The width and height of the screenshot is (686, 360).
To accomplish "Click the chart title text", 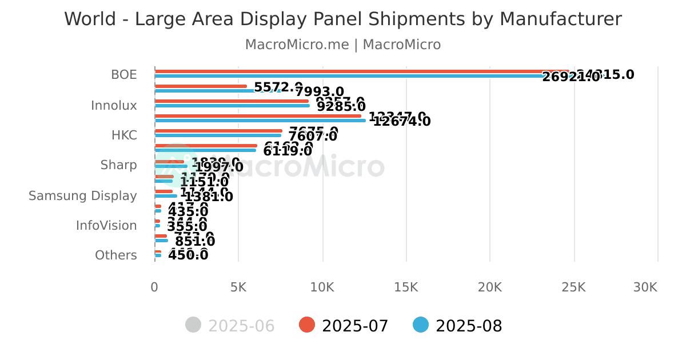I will [x=342, y=19].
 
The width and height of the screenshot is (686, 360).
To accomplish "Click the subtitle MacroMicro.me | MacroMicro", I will [x=342, y=45].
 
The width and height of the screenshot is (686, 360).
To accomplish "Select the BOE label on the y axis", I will [x=124, y=75].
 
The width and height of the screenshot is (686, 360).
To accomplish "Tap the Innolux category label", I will [x=114, y=106].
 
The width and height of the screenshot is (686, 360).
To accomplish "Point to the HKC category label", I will [x=124, y=135].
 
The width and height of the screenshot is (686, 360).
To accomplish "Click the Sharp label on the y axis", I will [x=118, y=165].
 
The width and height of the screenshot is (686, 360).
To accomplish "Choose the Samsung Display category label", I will [x=83, y=196].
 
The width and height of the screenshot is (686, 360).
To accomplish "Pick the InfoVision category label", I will [x=106, y=226].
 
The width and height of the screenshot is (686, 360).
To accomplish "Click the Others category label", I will [x=116, y=255].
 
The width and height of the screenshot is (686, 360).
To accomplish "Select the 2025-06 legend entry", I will [x=230, y=326].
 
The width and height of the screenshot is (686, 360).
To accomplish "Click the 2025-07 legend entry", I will [x=344, y=326].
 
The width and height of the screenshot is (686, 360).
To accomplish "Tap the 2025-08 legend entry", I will [x=458, y=326].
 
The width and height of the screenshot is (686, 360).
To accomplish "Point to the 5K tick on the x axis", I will [x=238, y=287].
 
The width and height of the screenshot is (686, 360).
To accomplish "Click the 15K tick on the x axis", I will [x=406, y=287].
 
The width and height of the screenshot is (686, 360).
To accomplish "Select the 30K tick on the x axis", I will [x=645, y=287].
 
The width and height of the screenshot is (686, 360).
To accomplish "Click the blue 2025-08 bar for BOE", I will [x=343, y=76].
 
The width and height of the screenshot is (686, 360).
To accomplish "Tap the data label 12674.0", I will [x=402, y=121].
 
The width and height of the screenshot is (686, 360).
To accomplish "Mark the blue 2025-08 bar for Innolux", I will [x=232, y=106].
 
